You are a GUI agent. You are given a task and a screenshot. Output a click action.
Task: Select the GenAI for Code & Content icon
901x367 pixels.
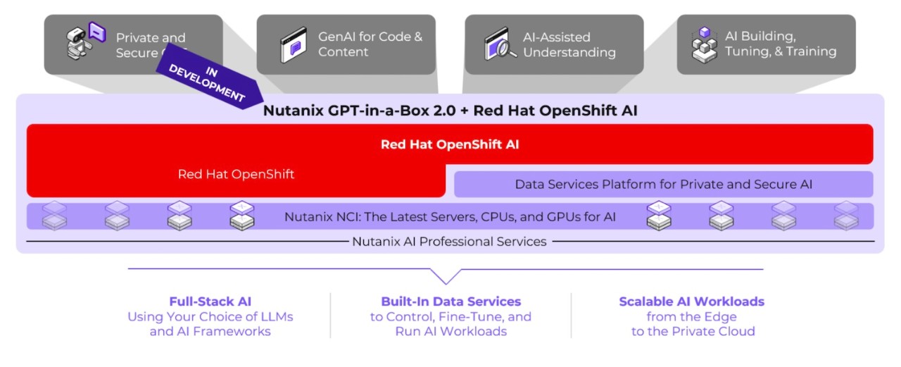point(294,45)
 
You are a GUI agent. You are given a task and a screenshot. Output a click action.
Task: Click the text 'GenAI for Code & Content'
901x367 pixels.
point(370,44)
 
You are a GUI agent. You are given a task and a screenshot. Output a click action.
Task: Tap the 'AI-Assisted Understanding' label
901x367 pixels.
point(569,44)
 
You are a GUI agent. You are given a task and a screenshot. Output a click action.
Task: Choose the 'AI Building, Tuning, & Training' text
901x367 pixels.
point(781,44)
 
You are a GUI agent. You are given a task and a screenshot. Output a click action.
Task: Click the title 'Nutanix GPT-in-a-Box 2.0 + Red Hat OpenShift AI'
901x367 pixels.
point(450,111)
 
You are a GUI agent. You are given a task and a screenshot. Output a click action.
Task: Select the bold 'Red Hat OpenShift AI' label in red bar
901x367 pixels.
point(450,144)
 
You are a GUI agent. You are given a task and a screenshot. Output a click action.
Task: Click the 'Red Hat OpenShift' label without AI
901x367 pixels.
point(236,175)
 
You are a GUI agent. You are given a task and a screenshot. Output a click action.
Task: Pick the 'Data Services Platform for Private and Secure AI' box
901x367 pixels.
point(663,185)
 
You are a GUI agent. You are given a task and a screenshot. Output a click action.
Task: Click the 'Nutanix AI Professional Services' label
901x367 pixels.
point(449,242)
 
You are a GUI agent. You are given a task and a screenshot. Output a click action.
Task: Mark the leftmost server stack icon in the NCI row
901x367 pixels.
point(54,216)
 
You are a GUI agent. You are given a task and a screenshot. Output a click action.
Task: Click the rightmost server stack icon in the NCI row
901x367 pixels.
point(846,216)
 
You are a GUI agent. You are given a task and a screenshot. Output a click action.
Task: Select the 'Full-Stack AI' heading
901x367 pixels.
point(210,301)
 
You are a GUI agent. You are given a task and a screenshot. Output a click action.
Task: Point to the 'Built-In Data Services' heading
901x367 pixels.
point(450,301)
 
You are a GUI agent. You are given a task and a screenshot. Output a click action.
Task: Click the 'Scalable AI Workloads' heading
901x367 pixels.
point(691,301)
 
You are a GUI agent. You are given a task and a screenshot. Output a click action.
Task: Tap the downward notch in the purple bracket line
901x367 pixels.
point(445,279)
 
